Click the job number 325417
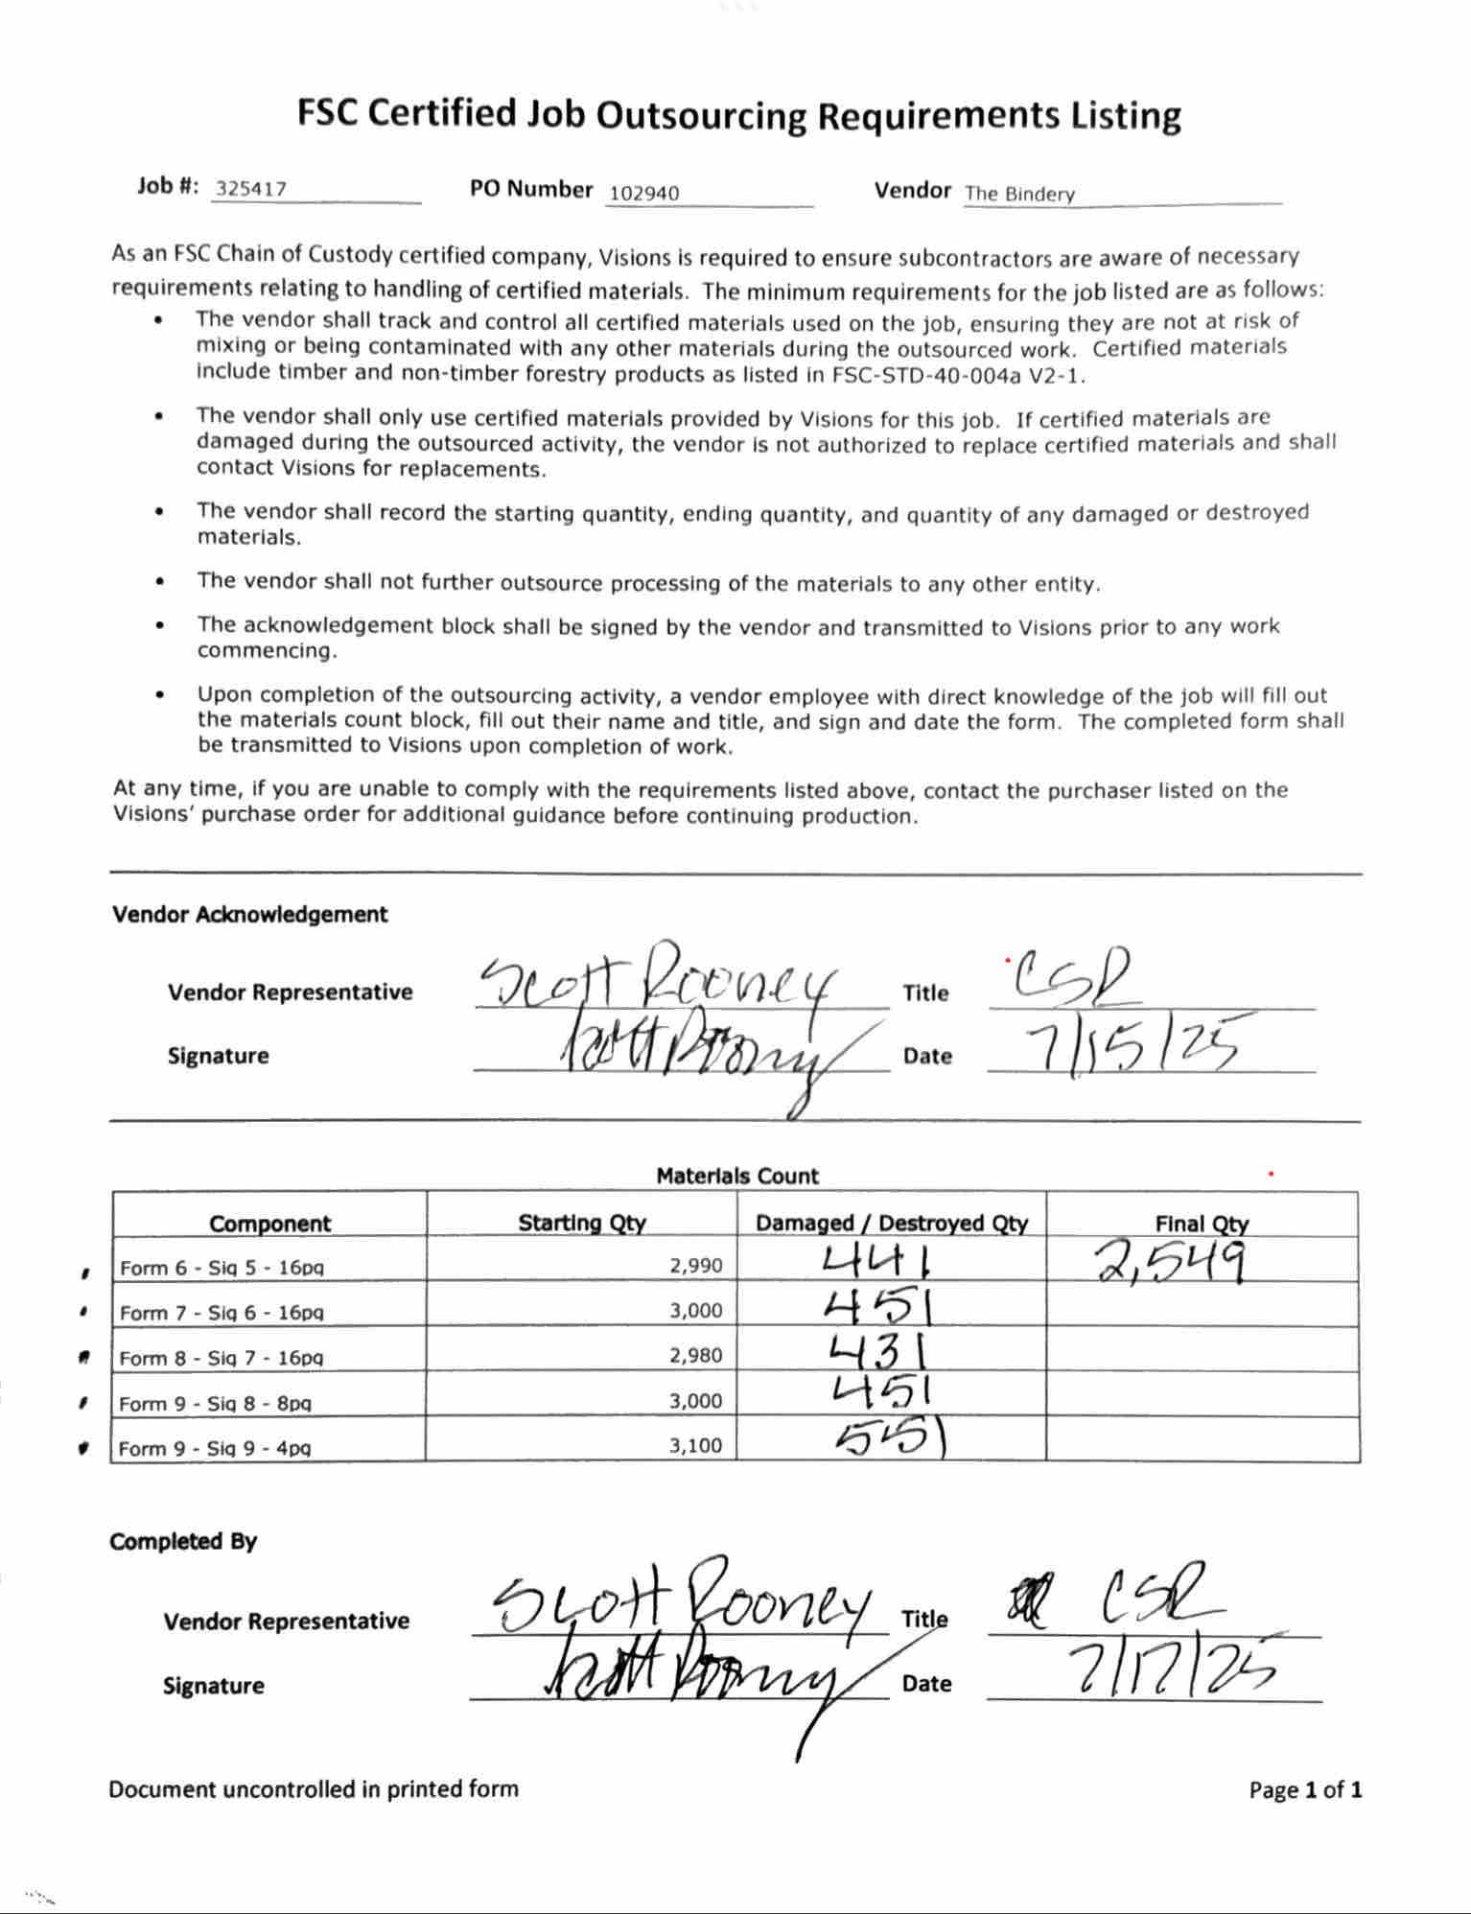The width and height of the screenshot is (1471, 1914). click(x=250, y=188)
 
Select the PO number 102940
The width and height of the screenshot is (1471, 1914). click(x=643, y=193)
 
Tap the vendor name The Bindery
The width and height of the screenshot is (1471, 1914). click(x=1019, y=193)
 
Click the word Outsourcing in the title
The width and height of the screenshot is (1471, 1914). click(x=701, y=115)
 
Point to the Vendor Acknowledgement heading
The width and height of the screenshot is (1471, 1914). click(x=249, y=914)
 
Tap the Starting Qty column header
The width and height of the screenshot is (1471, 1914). click(x=581, y=1223)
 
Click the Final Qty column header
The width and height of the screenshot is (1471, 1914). click(x=1202, y=1224)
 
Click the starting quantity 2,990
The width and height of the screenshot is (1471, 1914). click(x=695, y=1265)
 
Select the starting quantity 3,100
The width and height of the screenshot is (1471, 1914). click(x=695, y=1445)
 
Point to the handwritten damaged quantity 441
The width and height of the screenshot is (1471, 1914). click(x=877, y=1261)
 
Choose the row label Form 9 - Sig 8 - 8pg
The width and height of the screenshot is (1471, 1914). click(x=216, y=1403)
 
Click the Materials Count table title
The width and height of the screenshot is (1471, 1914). click(x=736, y=1176)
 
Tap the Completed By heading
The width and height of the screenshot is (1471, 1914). click(x=182, y=1541)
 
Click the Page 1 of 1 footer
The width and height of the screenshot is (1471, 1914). click(x=1304, y=1789)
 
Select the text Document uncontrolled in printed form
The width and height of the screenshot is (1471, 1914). click(x=313, y=1788)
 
